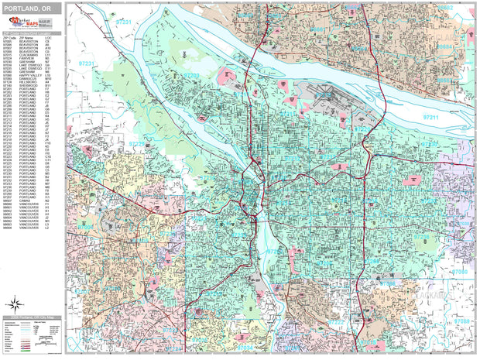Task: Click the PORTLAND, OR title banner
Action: click(x=30, y=8)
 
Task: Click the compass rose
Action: click(x=15, y=303)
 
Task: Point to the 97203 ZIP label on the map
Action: click(x=190, y=76)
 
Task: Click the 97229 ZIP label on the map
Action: click(x=136, y=144)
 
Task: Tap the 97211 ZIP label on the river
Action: click(x=430, y=117)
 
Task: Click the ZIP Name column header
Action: click(x=27, y=36)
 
